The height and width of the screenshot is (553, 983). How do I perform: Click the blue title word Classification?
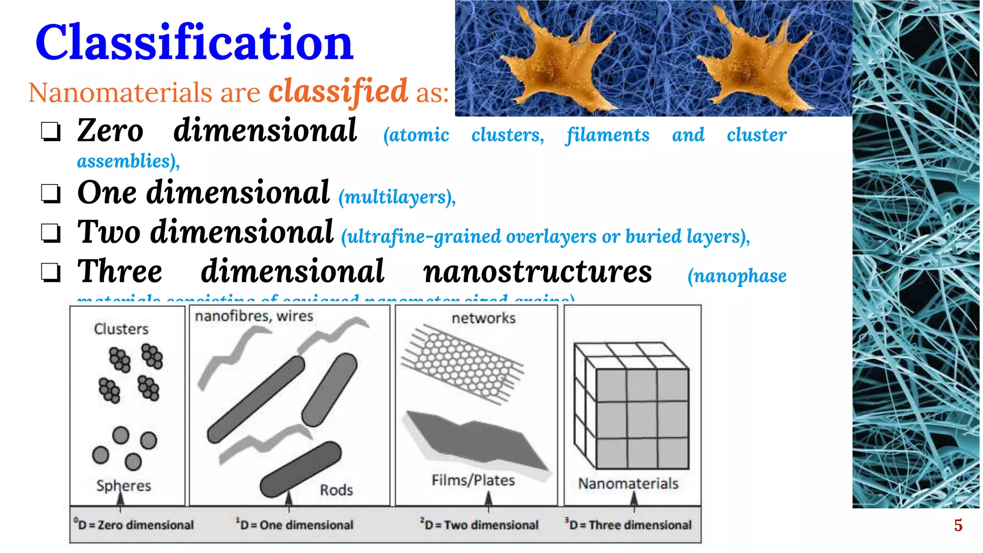[194, 43]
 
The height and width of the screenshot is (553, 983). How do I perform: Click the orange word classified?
[338, 91]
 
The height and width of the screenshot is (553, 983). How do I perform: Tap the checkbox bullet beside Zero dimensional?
[50, 132]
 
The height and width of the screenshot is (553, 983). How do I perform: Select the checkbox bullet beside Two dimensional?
[50, 233]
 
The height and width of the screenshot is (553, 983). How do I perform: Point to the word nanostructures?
[537, 272]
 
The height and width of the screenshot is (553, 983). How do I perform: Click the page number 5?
[958, 525]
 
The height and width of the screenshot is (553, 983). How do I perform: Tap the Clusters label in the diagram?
[121, 329]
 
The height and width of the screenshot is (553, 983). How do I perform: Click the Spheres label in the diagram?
[123, 485]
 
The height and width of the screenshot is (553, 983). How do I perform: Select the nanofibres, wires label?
[254, 316]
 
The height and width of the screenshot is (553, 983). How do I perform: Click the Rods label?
[336, 490]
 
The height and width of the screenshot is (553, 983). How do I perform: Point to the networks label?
[483, 318]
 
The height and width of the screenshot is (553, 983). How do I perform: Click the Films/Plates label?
[473, 480]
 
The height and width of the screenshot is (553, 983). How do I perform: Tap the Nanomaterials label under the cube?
[628, 483]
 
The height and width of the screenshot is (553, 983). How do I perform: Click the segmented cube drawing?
[632, 406]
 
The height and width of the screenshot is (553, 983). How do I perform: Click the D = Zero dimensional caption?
[134, 525]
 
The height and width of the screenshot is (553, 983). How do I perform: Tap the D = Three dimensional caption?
[629, 525]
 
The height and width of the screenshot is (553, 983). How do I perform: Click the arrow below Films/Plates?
[488, 502]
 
